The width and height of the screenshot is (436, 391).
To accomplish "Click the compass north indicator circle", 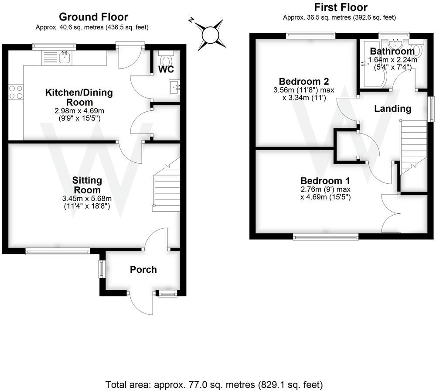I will click(x=209, y=34).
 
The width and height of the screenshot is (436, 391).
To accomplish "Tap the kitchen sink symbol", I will click(x=65, y=56).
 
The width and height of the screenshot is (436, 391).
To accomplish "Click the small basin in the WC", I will click(x=175, y=87).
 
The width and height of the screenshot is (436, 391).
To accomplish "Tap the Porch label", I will click(x=143, y=270).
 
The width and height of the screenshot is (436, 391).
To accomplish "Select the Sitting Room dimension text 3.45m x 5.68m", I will click(x=87, y=199).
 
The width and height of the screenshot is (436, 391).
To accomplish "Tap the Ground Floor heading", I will click(x=93, y=17).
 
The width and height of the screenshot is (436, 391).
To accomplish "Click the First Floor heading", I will click(x=341, y=7).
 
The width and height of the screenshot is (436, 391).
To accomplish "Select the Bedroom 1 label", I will click(x=325, y=181).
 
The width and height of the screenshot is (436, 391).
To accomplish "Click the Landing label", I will click(x=393, y=109).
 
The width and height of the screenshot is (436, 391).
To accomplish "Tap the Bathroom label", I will click(x=392, y=51).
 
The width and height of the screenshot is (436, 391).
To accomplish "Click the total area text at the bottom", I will click(x=214, y=384).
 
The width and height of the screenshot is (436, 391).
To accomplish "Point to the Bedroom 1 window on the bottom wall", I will click(x=326, y=237).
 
